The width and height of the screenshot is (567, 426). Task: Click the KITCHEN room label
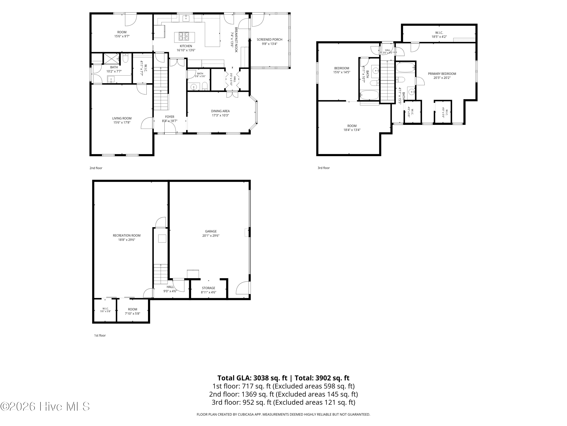pos(186,46)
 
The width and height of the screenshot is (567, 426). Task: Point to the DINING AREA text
pos(220,111)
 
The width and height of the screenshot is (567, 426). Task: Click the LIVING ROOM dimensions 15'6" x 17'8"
pos(122,122)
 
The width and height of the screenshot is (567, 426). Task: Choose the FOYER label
pos(170,117)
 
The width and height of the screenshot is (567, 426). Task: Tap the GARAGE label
pos(211,231)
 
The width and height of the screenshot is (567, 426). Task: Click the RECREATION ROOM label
pos(127,236)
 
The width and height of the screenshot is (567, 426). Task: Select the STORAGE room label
pos(208,288)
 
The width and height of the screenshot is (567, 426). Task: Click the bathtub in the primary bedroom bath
pos(405,68)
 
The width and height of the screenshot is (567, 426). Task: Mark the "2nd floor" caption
pos(96,168)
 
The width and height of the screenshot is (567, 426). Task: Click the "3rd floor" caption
pos(324,168)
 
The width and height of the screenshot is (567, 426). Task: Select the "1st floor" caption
pos(100,335)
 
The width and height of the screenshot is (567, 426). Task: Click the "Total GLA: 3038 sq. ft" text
pos(253,378)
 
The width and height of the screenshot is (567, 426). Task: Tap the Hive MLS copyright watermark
pos(45,406)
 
